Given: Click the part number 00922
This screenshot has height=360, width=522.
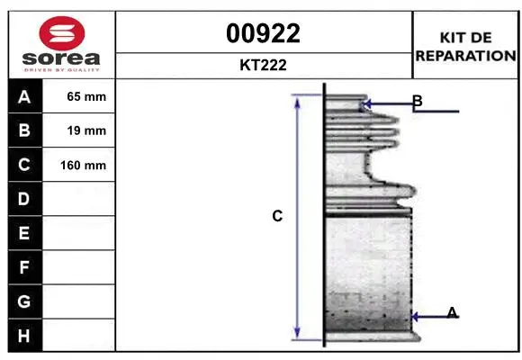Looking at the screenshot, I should point(264,33).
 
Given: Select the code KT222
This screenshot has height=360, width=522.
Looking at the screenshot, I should point(264,65).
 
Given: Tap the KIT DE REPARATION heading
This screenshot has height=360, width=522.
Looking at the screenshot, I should point(465,45).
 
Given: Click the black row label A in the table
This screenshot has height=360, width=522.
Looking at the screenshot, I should point(24,96).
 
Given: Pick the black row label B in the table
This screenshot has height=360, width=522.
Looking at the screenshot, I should point(24,130).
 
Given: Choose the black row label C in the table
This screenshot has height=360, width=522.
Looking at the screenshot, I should point(24,165).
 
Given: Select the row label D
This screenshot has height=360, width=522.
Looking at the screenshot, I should point(24,199).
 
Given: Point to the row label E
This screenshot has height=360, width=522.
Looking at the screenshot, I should point(24,233).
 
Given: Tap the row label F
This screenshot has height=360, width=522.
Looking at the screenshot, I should point(24,267).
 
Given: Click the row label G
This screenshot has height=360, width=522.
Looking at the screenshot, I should point(24,301).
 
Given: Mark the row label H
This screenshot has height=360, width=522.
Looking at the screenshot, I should point(24,336).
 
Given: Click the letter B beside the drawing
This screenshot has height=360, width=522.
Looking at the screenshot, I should point(417,101).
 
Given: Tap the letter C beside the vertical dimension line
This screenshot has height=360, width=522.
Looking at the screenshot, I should point(277,216).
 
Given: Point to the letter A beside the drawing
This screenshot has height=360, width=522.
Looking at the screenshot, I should point(452,312).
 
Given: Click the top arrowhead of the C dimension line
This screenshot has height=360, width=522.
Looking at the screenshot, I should point(298,98).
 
